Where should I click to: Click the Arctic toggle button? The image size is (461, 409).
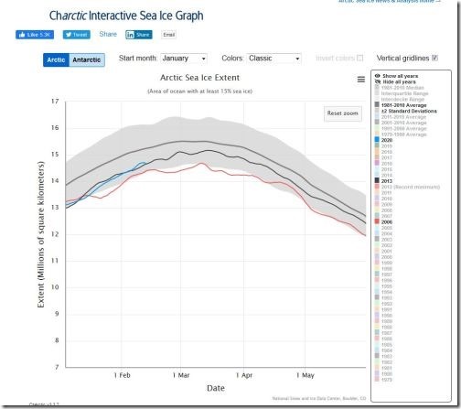[57, 59]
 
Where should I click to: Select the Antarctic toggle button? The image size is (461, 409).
[87, 59]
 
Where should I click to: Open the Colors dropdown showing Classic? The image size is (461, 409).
[273, 59]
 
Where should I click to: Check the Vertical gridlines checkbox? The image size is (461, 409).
[434, 59]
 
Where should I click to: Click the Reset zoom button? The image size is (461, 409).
[343, 113]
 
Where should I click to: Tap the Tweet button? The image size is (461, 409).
[76, 35]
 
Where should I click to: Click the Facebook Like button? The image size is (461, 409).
[35, 35]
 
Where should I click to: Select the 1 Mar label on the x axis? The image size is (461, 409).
[179, 375]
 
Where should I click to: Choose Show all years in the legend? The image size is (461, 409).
[402, 75]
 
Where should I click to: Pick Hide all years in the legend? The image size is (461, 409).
[402, 81]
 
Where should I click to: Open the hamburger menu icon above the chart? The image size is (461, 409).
[361, 80]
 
